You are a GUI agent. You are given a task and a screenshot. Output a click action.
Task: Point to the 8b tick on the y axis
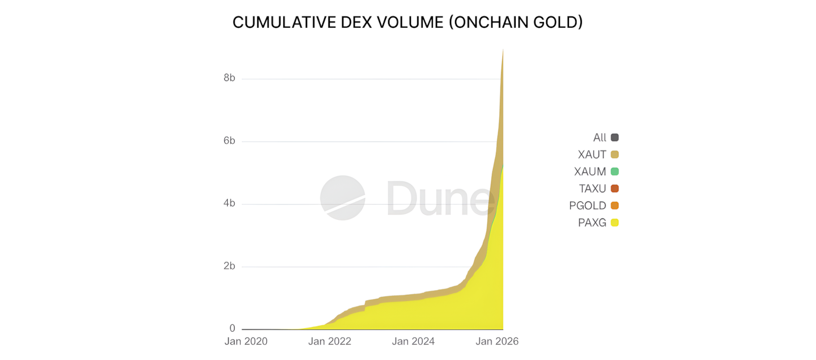click(x=229, y=78)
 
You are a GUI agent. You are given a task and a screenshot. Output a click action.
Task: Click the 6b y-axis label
click(x=229, y=141)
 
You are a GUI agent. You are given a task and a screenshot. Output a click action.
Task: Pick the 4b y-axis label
click(x=229, y=204)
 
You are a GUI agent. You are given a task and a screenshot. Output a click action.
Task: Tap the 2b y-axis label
click(x=229, y=266)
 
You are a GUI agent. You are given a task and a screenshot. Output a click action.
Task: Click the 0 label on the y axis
click(x=232, y=328)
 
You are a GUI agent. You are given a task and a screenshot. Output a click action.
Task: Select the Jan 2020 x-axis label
click(x=246, y=341)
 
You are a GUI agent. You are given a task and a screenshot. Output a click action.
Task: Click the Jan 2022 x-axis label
click(x=330, y=341)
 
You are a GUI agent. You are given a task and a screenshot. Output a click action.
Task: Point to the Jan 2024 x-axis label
click(x=413, y=341)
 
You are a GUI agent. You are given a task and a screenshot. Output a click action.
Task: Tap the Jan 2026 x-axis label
click(x=497, y=341)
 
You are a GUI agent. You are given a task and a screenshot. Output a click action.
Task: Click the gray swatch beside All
click(x=615, y=138)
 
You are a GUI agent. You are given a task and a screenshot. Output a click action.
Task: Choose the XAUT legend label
click(x=592, y=155)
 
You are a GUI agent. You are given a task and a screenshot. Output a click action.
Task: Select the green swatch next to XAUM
click(x=615, y=172)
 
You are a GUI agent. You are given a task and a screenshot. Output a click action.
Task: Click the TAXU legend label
click(x=592, y=189)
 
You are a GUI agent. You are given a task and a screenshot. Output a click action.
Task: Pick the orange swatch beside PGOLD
click(x=615, y=206)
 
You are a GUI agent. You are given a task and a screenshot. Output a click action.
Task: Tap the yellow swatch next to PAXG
click(x=615, y=223)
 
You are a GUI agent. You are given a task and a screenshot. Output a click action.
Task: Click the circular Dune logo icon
click(x=343, y=198)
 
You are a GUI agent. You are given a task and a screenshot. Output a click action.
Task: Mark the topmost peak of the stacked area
click(x=503, y=49)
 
